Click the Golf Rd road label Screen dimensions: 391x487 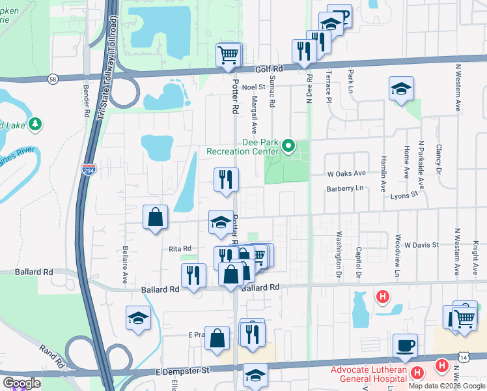click(x=268, y=68)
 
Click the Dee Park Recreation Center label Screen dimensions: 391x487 click(x=242, y=147)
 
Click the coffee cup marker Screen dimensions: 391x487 click(x=404, y=345)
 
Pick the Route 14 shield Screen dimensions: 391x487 click(x=463, y=357)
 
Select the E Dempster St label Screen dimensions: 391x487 click(x=184, y=370)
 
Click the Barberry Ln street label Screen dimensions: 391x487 click(x=344, y=188)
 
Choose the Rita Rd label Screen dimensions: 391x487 click(x=180, y=248)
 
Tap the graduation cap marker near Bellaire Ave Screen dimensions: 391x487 click(x=138, y=318)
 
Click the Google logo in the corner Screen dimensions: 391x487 click(x=21, y=383)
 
